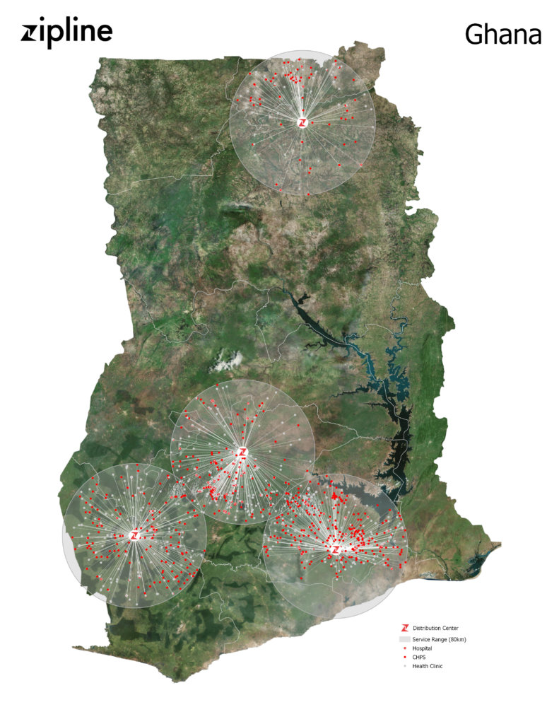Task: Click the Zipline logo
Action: tap(66, 33)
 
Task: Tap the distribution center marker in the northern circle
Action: tap(302, 122)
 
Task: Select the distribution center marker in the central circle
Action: tap(243, 452)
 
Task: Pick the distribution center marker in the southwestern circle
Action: tap(134, 535)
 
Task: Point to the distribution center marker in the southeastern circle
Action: tap(336, 548)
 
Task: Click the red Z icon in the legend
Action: tap(405, 628)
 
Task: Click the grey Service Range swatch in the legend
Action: tap(405, 638)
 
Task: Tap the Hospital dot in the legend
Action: tap(405, 648)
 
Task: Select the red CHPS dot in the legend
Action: tap(405, 658)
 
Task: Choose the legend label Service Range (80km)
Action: tap(438, 639)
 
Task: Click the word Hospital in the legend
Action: tap(422, 648)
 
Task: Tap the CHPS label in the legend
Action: tap(419, 658)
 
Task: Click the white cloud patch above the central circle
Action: tap(228, 363)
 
